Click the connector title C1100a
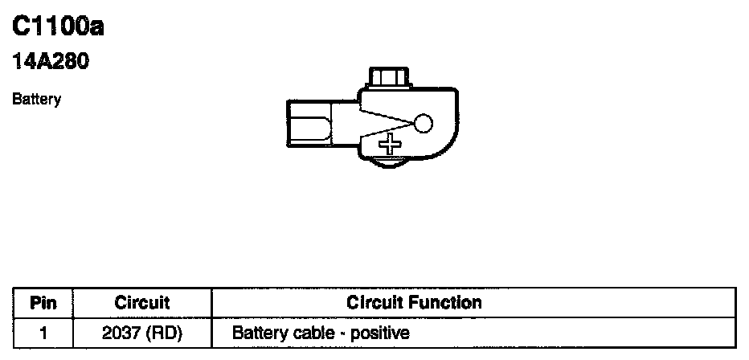point(59,28)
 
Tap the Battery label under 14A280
point(37,100)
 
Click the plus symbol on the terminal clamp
point(391,145)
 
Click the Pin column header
point(43,303)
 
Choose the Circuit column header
point(142,303)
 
